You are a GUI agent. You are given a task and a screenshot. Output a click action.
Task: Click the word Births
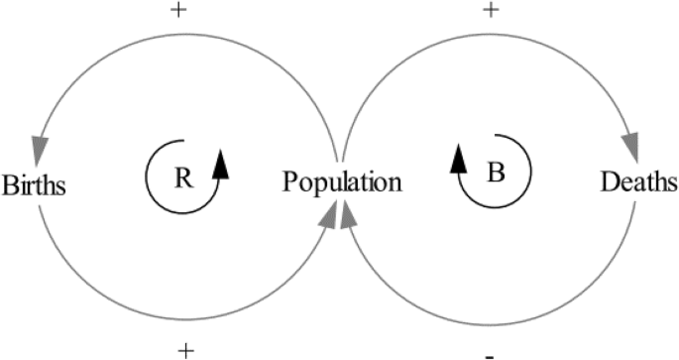tap(34, 184)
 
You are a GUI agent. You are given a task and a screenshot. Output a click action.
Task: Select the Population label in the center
tap(342, 182)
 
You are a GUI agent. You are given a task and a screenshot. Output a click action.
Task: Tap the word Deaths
tap(639, 182)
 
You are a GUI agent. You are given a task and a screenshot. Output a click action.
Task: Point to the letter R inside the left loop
tap(183, 178)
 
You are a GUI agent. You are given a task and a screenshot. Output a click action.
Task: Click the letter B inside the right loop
tap(497, 172)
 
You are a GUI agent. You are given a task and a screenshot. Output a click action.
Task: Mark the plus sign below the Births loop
tap(184, 349)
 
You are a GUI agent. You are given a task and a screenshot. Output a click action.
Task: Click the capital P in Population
tap(289, 182)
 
